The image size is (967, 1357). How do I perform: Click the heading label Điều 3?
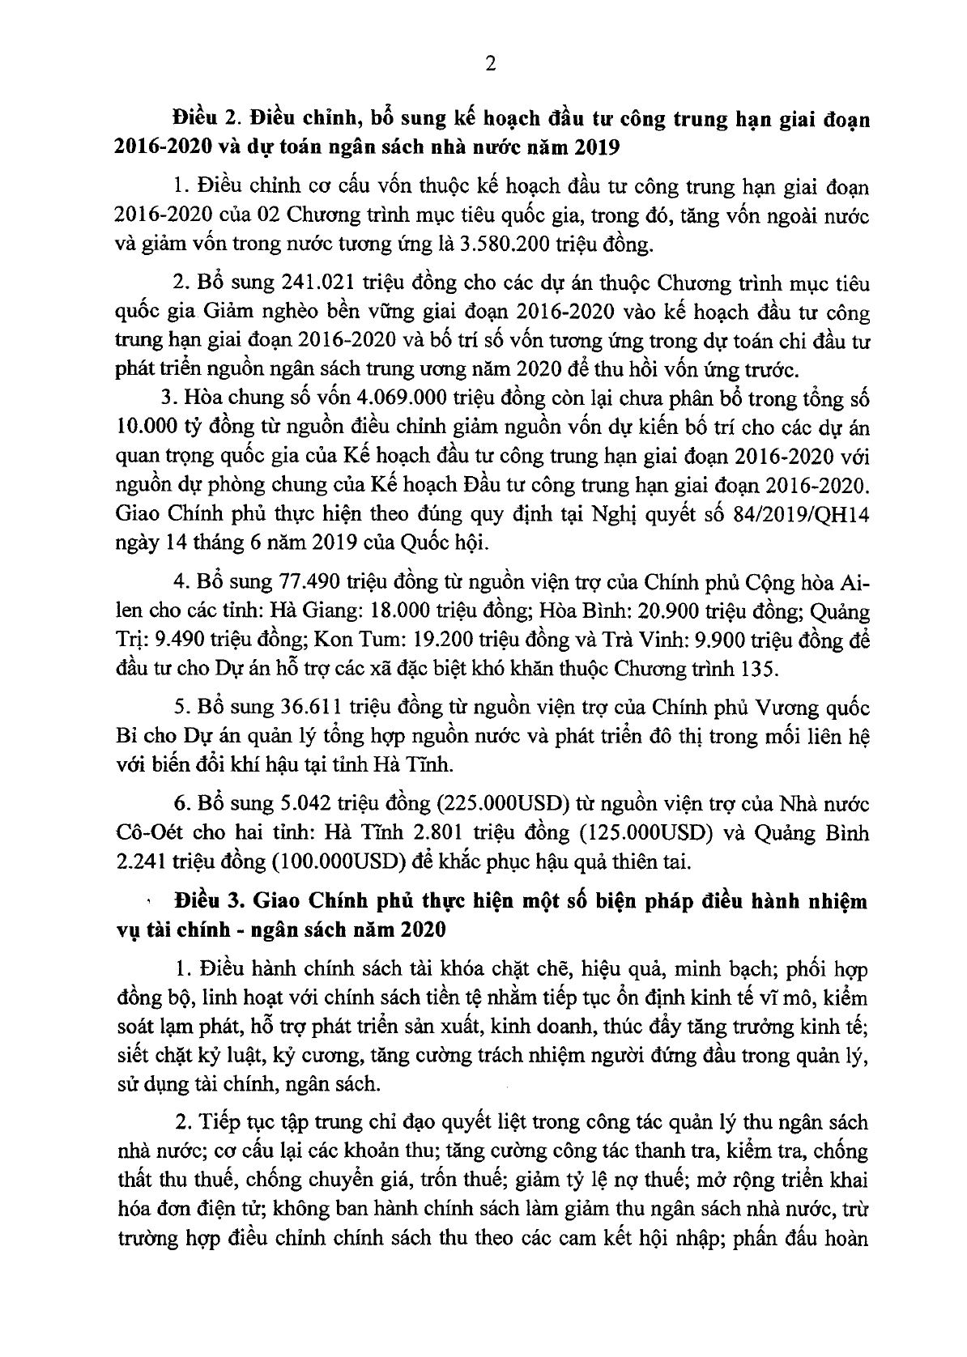(204, 900)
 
